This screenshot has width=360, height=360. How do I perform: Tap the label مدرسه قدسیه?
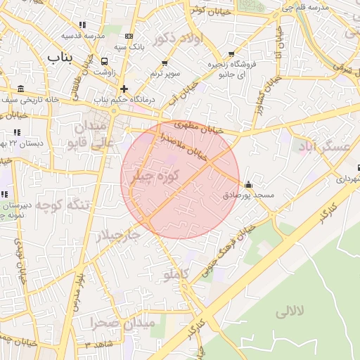[x=82, y=35]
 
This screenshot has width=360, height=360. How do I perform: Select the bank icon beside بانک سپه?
[x=129, y=36]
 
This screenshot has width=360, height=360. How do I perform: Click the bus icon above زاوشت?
[x=104, y=61]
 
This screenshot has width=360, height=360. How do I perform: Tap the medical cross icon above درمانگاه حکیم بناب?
[x=124, y=89]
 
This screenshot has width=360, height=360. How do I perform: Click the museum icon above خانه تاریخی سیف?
[x=20, y=89]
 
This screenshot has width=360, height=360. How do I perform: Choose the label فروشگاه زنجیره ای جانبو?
[x=231, y=68]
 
